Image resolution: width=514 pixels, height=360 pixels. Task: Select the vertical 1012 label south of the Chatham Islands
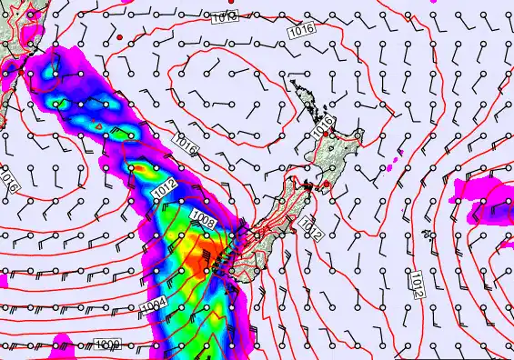coord(416,283)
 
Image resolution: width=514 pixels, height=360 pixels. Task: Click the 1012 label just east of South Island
coord(310,227)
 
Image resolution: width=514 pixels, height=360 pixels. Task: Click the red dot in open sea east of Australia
coord(119,35)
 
